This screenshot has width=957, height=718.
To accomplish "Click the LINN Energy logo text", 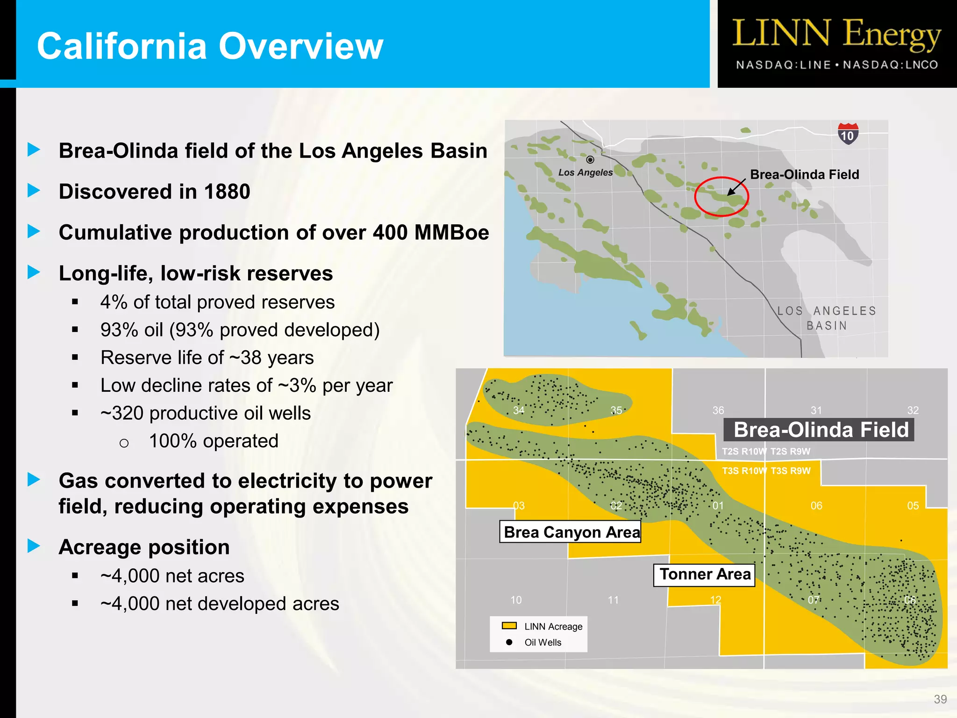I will point(836,34).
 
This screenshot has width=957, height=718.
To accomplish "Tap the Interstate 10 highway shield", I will point(848,134).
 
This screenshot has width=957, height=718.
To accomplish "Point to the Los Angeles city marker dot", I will point(590,160).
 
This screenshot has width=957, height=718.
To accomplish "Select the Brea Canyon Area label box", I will point(570,532).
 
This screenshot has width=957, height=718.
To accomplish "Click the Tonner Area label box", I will point(704,574).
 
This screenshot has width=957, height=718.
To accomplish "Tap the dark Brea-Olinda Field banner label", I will point(820,430).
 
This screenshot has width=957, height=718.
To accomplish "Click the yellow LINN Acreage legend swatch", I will point(509,626).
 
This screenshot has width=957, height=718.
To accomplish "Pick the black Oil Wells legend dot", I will point(509,642).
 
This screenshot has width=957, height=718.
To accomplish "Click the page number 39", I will point(940,699).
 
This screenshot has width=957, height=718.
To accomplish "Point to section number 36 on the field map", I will point(718,410).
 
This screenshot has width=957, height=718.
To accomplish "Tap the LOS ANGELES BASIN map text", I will point(827,318).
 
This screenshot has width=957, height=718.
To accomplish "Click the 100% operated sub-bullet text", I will point(214,441).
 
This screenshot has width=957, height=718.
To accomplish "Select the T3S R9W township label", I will point(791,471).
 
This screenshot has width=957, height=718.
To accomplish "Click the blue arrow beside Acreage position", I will point(34,546).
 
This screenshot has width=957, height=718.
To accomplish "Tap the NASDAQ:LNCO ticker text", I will point(891,65).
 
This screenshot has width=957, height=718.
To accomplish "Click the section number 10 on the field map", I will point(516,600).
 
